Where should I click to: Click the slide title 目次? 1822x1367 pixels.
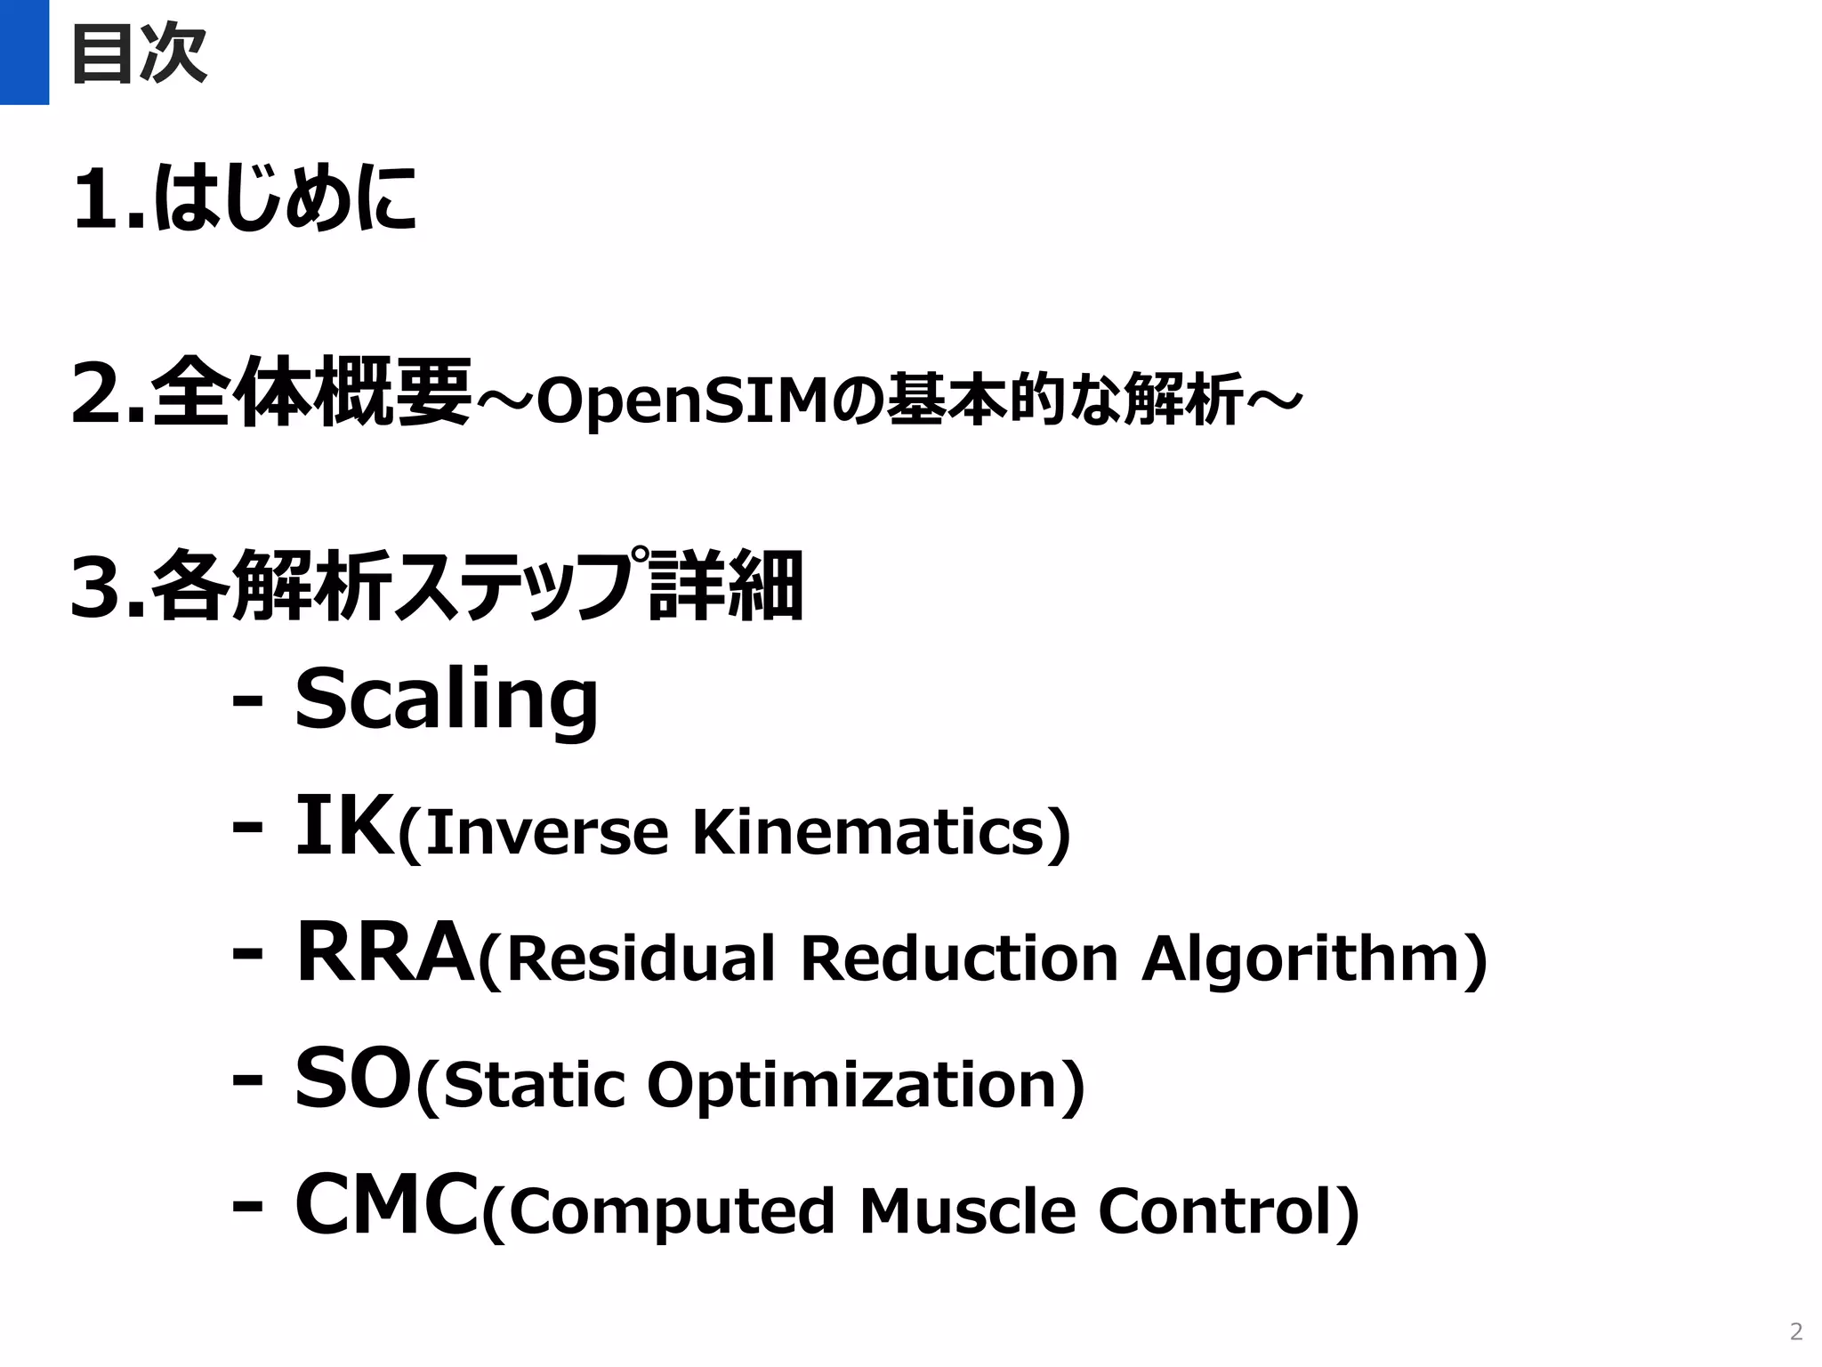click(x=139, y=53)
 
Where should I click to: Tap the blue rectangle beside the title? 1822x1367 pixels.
click(x=24, y=52)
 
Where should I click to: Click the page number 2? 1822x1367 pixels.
click(x=1795, y=1331)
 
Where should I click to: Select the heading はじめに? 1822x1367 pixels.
click(x=285, y=198)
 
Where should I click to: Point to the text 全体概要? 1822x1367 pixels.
click(x=311, y=392)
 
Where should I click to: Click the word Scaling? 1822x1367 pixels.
click(x=447, y=700)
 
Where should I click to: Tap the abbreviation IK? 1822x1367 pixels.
click(x=345, y=825)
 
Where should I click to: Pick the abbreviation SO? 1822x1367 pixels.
click(x=354, y=1079)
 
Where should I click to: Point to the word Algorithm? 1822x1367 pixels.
click(x=1302, y=959)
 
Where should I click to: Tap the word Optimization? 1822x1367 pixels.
click(x=851, y=1086)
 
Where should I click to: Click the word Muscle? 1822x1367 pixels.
click(x=968, y=1211)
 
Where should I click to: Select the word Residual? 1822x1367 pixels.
click(x=642, y=959)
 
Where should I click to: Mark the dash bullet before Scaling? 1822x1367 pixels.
click(x=247, y=701)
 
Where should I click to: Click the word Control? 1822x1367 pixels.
click(x=1215, y=1211)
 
